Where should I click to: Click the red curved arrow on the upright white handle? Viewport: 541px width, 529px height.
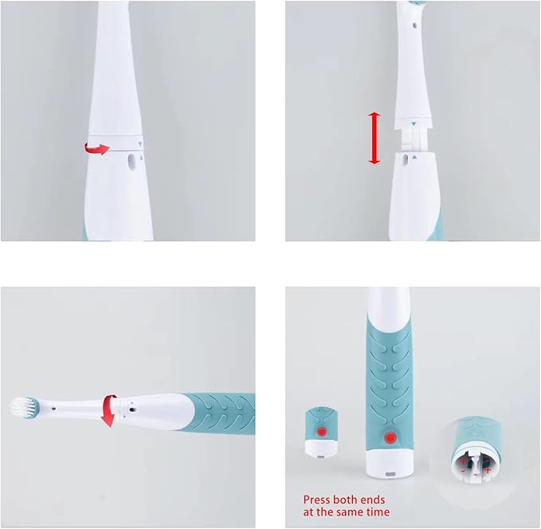pyautogui.click(x=97, y=147)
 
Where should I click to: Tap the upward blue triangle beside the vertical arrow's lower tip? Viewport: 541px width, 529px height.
pyautogui.click(x=413, y=159)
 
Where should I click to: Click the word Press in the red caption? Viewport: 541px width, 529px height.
pyautogui.click(x=316, y=500)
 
